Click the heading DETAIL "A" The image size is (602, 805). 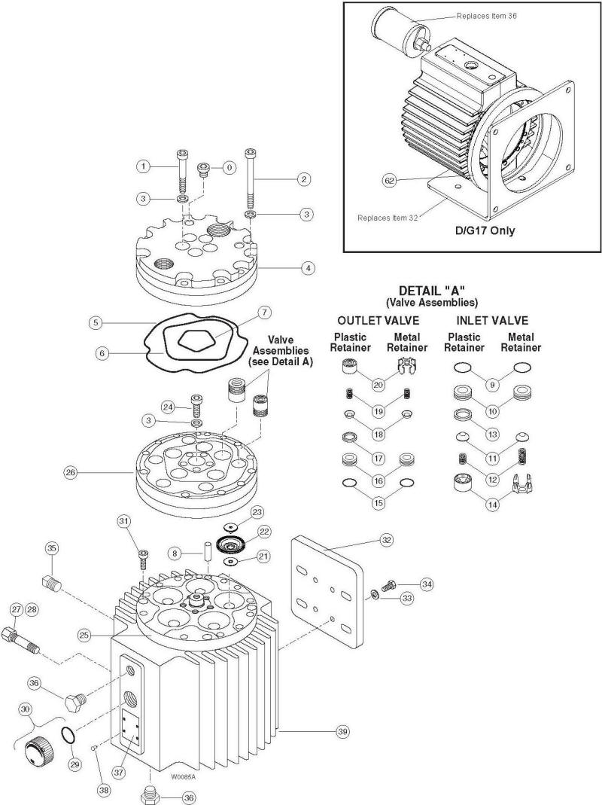tap(437, 290)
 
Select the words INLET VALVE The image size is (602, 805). tap(493, 320)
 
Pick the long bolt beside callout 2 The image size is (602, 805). tap(249, 181)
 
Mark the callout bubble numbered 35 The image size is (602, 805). tap(52, 547)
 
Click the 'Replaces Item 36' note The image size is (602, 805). tap(488, 15)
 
